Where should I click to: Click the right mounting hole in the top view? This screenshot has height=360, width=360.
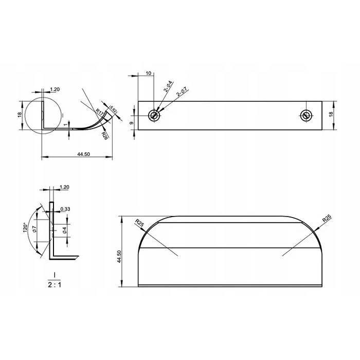pos(306,115)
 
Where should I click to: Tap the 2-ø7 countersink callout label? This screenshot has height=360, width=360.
pos(182,93)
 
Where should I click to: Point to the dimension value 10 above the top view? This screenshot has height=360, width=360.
pos(149,74)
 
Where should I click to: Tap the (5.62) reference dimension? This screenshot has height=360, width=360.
pos(114,110)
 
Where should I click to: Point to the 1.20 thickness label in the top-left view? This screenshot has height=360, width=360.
pos(55,89)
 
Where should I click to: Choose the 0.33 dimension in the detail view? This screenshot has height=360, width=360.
pos(65,209)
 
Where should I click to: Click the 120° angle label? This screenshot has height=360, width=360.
pos(24,228)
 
